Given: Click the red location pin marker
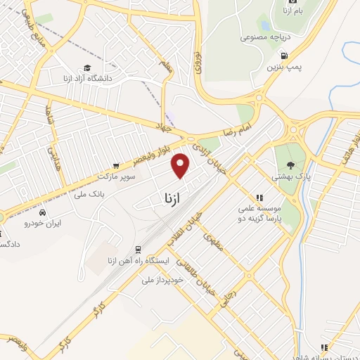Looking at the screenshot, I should [x=181, y=165].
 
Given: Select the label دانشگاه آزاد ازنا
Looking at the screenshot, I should [x=87, y=78].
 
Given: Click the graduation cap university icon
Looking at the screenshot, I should [x=86, y=67].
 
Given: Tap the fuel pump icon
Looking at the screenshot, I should [x=284, y=56].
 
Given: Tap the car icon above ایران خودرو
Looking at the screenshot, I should [x=44, y=212].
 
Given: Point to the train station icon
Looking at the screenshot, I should [x=137, y=250].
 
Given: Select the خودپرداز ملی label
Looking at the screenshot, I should [x=162, y=279].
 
